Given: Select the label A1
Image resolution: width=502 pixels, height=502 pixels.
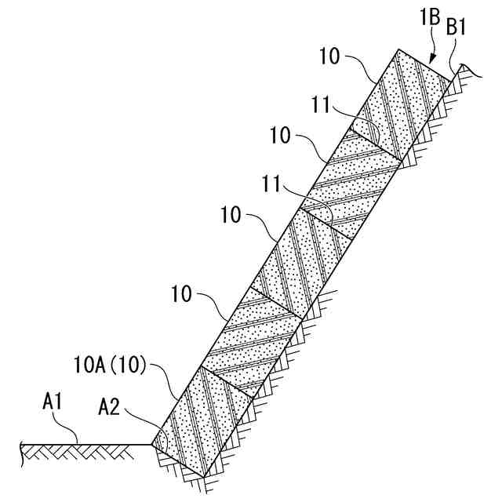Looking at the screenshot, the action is [x=53, y=403].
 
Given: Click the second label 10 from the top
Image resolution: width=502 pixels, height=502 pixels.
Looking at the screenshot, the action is [x=280, y=134].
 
